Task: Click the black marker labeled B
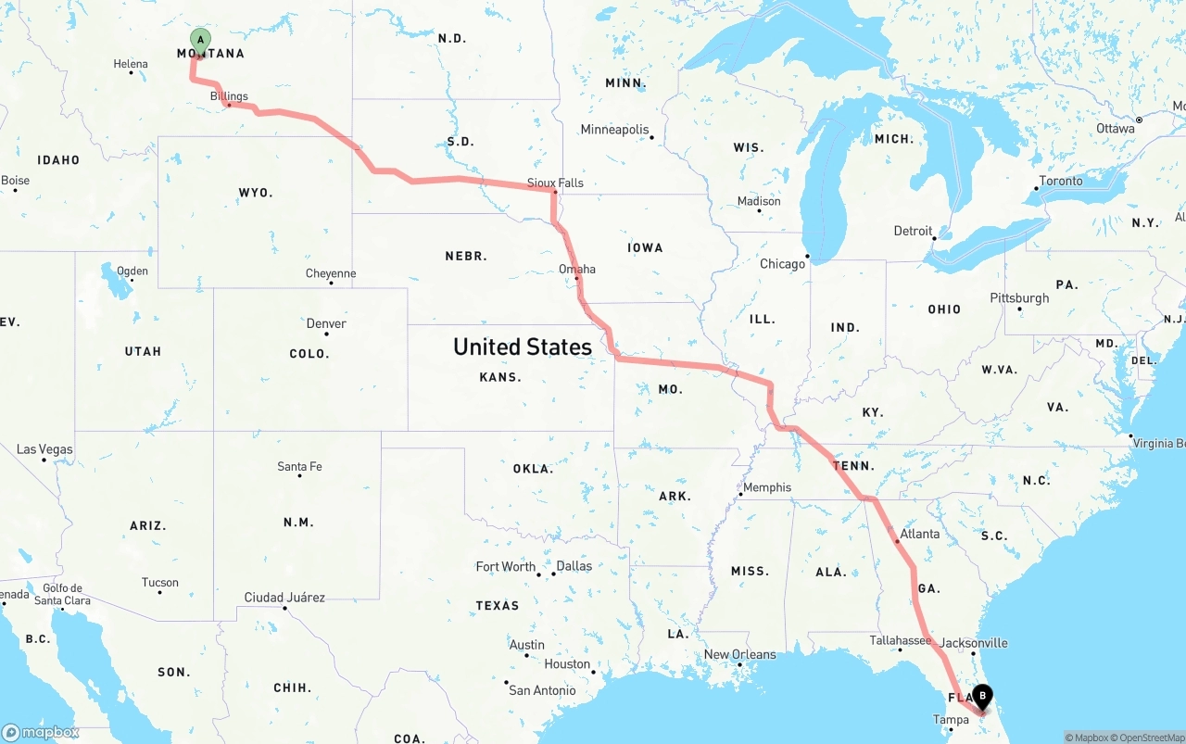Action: pyautogui.click(x=982, y=697)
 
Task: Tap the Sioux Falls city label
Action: pyautogui.click(x=555, y=183)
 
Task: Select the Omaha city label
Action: pyautogui.click(x=577, y=269)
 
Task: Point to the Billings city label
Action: pyautogui.click(x=229, y=95)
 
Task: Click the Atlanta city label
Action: pyautogui.click(x=919, y=534)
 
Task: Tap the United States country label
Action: pyautogui.click(x=522, y=347)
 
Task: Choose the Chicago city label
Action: pyautogui.click(x=782, y=264)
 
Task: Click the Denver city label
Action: pyautogui.click(x=326, y=323)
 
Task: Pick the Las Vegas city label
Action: pyautogui.click(x=44, y=449)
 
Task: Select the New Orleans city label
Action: pyautogui.click(x=739, y=654)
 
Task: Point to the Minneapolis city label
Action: pyautogui.click(x=614, y=130)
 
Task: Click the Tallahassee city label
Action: pyautogui.click(x=900, y=640)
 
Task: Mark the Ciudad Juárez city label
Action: pyautogui.click(x=284, y=598)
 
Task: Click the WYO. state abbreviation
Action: pyautogui.click(x=256, y=193)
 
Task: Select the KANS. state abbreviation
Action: pyautogui.click(x=500, y=377)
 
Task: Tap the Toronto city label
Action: pyautogui.click(x=1061, y=181)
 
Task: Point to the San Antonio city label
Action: pyautogui.click(x=542, y=690)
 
